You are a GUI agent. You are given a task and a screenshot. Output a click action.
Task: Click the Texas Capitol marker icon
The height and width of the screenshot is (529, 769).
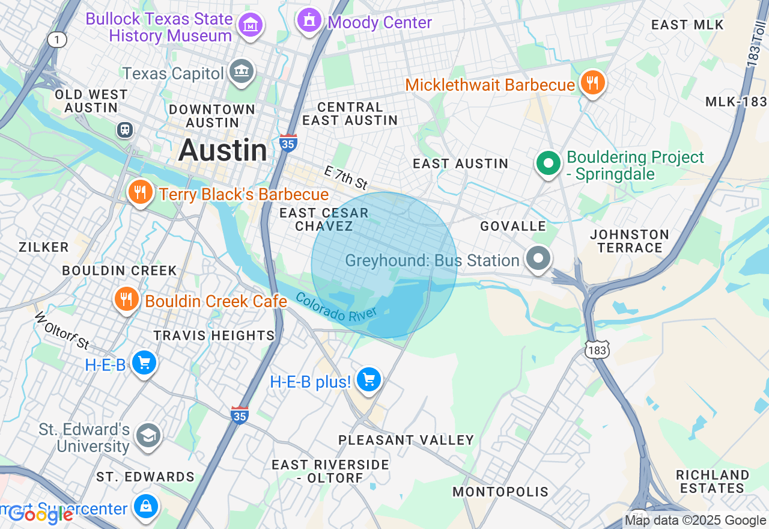(x=242, y=72)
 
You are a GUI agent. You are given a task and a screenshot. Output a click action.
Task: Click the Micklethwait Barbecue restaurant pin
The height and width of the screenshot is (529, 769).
(x=593, y=83)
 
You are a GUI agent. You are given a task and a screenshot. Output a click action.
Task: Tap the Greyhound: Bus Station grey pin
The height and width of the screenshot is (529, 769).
(x=538, y=259)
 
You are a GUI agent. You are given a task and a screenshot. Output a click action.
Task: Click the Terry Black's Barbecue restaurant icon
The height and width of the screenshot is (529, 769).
(x=140, y=192)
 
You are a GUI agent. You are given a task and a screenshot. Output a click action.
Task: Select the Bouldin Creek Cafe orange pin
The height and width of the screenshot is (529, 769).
(x=126, y=299)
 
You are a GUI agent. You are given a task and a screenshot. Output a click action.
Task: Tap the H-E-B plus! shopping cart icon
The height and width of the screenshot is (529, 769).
(x=368, y=380)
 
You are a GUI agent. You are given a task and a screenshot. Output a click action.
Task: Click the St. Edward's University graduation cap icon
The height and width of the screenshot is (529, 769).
(x=148, y=435)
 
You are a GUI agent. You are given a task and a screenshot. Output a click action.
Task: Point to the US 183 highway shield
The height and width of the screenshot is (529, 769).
(x=598, y=349)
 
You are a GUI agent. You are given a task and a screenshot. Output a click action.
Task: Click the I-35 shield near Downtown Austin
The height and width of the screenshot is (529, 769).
(x=288, y=142)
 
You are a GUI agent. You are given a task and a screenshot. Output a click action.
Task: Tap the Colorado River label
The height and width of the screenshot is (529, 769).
(x=336, y=307)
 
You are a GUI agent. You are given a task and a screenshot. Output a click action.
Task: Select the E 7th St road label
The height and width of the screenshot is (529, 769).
(x=345, y=177)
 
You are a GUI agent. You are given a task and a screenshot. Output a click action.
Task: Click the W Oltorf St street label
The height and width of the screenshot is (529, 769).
(x=62, y=331)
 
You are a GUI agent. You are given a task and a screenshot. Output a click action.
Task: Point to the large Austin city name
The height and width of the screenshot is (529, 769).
(x=223, y=150)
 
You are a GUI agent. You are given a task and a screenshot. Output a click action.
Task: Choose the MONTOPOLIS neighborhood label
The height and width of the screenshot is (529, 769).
(x=500, y=492)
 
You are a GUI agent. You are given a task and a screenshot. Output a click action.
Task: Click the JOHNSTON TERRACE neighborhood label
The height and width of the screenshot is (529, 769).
(x=629, y=241)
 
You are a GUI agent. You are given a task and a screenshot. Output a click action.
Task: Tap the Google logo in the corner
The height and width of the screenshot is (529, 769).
(x=40, y=514)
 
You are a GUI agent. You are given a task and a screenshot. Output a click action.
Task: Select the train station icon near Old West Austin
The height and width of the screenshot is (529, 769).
(x=125, y=130)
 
